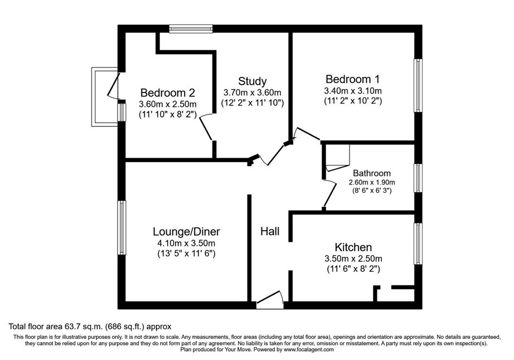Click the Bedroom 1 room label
(352, 79)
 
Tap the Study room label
(252, 81)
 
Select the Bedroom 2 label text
(167, 93)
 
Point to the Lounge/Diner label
(186, 232)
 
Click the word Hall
(270, 231)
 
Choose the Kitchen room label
(353, 247)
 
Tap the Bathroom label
(372, 173)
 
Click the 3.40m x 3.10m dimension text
(353, 91)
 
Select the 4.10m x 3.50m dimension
(186, 244)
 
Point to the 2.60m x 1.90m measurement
(372, 182)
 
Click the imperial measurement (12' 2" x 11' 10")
(252, 103)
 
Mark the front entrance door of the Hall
(270, 300)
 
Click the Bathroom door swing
(329, 194)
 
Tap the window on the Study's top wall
(191, 29)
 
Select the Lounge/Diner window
(122, 228)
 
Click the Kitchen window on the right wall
(418, 244)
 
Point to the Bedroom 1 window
(418, 85)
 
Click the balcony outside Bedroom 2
(105, 96)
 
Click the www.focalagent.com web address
(309, 349)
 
